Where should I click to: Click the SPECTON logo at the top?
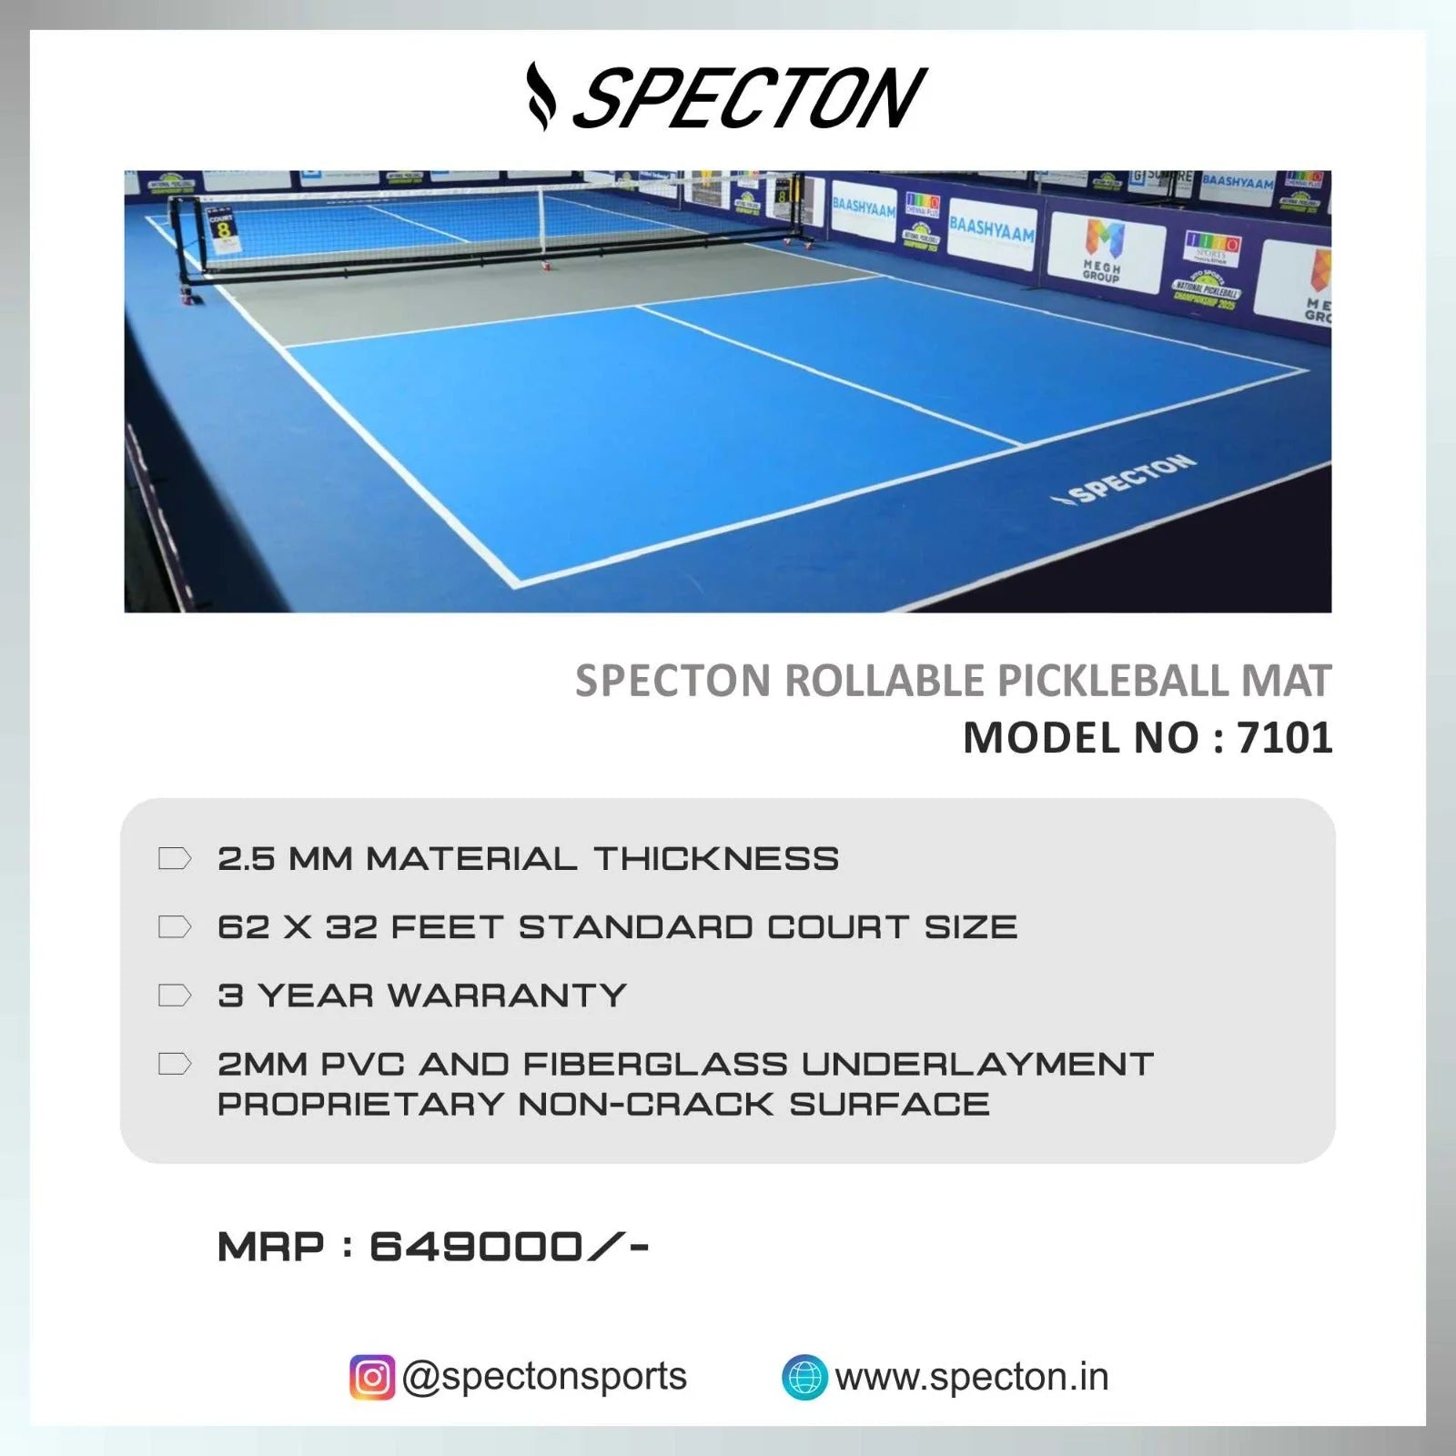coord(728,97)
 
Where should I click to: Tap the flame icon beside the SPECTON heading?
coord(541,97)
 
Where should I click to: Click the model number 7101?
coord(1284,738)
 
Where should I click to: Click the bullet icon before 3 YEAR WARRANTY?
coord(174,996)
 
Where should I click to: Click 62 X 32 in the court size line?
coord(296,927)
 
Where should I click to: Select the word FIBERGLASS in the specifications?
coord(655,1064)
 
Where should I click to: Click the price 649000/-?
coord(509,1247)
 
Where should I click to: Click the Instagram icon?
coord(372,1377)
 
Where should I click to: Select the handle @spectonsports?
coord(544,1376)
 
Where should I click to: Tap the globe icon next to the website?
coord(804,1377)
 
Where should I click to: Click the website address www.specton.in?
coord(972,1377)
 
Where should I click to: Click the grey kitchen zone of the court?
coord(510,291)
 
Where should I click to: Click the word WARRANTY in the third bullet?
coord(507,996)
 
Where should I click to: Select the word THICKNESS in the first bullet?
coord(716,859)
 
